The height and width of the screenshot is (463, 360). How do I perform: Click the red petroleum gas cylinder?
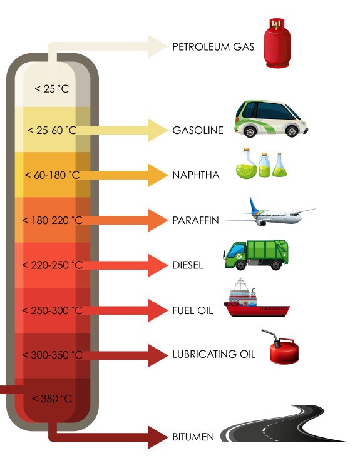point(277,43)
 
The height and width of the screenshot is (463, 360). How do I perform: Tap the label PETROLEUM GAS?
point(213,47)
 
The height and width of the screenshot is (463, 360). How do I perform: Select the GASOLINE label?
point(198,130)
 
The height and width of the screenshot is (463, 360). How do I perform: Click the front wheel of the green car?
point(292,131)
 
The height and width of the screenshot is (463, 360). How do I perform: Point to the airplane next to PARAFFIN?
point(270,213)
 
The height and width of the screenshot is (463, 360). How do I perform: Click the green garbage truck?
point(256,255)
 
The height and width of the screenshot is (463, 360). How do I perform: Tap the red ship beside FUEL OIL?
point(257,298)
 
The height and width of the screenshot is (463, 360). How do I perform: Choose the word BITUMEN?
point(193,437)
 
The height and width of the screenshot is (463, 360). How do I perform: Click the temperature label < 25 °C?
point(52,89)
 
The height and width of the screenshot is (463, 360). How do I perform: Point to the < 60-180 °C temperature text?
point(52,175)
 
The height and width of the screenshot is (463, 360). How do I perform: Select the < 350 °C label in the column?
point(52,399)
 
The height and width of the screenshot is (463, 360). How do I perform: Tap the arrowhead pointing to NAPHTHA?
point(158,175)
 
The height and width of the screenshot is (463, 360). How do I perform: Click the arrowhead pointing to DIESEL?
point(158,265)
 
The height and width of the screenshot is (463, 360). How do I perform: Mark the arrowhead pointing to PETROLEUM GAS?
point(158,46)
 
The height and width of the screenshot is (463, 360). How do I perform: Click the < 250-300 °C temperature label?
point(52,310)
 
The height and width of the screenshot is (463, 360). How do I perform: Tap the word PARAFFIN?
point(196,220)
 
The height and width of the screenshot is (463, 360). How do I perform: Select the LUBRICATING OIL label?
point(213,354)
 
